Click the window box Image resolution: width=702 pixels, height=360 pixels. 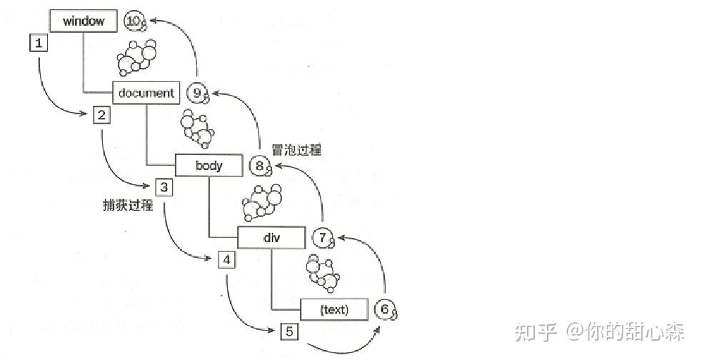pyautogui.click(x=84, y=21)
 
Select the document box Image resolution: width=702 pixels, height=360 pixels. pyautogui.click(x=146, y=93)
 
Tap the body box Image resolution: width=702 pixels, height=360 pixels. pyautogui.click(x=209, y=166)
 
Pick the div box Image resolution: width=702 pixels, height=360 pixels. pyautogui.click(x=270, y=238)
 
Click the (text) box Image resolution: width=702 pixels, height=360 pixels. pyautogui.click(x=334, y=309)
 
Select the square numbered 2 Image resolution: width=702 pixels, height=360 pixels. pyautogui.click(x=101, y=114)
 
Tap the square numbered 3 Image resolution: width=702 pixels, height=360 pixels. pyautogui.click(x=164, y=188)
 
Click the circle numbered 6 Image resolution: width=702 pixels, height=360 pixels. pyautogui.click(x=385, y=309)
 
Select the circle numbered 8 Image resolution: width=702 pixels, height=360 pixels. pyautogui.click(x=260, y=166)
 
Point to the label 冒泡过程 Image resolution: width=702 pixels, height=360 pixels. pyautogui.click(x=297, y=150)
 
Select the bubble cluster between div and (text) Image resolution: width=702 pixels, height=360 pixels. pyautogui.click(x=322, y=272)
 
